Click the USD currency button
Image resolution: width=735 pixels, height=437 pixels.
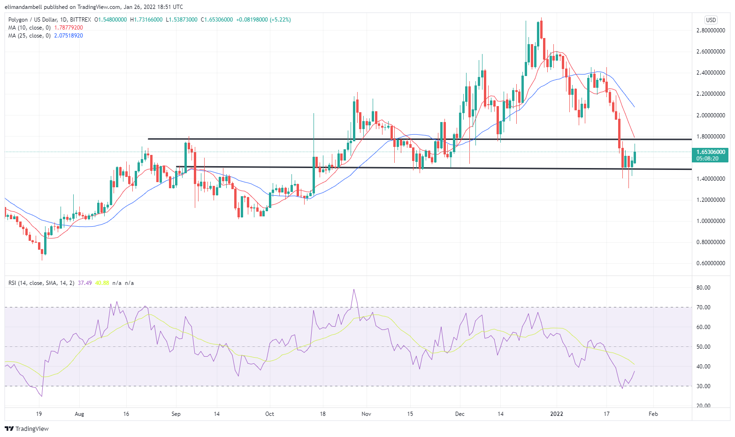[x=711, y=20]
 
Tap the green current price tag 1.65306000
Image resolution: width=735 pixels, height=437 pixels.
[x=711, y=152]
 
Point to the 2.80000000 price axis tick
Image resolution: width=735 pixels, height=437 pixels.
[x=711, y=31]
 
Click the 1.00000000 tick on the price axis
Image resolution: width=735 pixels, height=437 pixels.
[x=711, y=221]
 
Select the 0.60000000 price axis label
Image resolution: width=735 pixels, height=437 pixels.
[x=711, y=263]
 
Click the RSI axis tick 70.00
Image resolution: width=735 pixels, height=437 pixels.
[x=704, y=307]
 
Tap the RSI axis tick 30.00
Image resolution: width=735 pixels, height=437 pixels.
[x=704, y=386]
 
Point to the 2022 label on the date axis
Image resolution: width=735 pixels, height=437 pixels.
[x=557, y=414]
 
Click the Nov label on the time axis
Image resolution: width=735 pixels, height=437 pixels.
[x=367, y=414]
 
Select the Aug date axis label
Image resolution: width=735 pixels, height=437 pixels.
[x=79, y=414]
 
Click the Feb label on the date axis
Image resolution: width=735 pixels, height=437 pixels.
[x=653, y=414]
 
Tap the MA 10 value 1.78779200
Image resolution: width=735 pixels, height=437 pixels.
[x=69, y=28]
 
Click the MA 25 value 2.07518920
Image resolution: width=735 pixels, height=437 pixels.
[x=69, y=36]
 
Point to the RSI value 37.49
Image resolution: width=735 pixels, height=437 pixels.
[x=85, y=283]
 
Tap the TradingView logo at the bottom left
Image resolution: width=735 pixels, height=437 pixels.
[x=27, y=429]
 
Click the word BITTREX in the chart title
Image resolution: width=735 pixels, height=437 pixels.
[x=80, y=20]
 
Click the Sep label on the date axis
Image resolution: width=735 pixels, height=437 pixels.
[x=176, y=414]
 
